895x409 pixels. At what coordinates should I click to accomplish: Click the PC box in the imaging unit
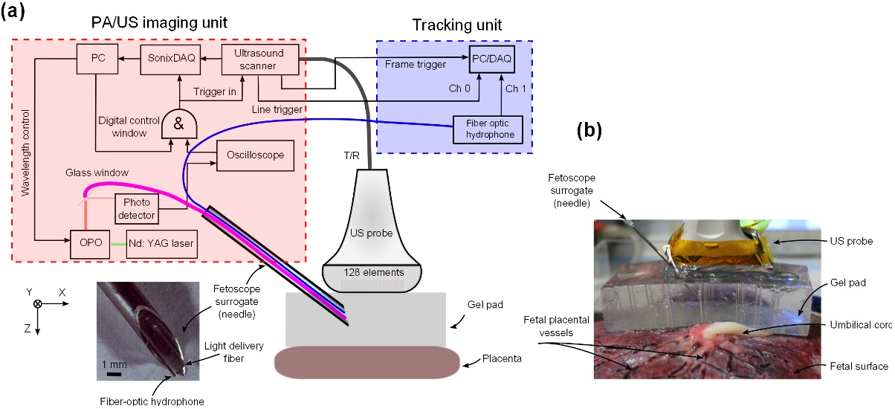[95, 59]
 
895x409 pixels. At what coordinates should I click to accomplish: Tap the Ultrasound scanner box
[260, 59]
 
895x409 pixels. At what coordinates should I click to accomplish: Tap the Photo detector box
[138, 209]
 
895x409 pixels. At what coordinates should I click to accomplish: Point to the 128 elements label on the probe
[372, 273]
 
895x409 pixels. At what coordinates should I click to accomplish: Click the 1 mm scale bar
[114, 375]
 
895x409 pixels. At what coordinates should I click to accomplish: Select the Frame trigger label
[416, 65]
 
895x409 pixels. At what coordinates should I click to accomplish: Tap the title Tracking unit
[456, 25]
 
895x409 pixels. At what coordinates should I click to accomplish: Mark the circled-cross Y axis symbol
[38, 303]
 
